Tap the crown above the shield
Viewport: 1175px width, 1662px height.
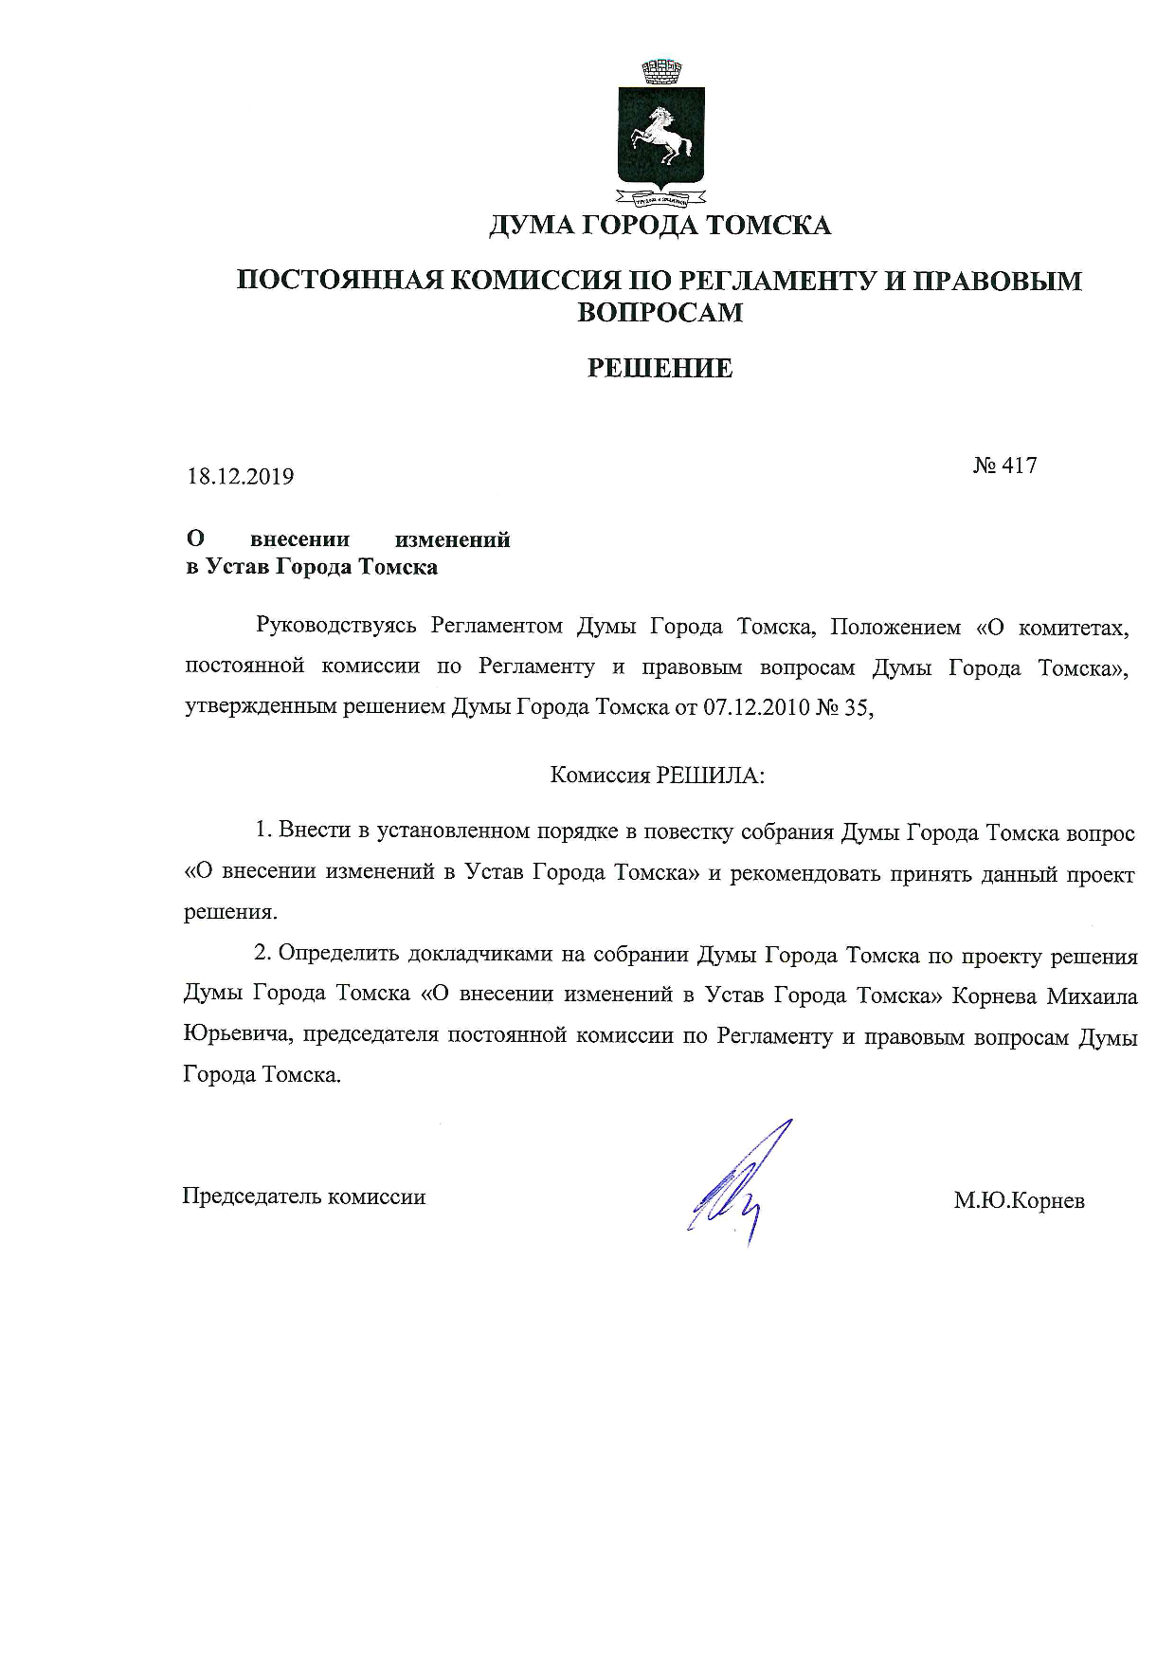(x=662, y=70)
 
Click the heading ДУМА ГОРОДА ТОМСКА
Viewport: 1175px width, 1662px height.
(x=660, y=226)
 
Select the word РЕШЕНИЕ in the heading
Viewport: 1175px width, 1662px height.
(x=660, y=368)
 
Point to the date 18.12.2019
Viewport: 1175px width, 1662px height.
(x=240, y=476)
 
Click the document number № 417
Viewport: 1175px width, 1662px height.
(x=1004, y=466)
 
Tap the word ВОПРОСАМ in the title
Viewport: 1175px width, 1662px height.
(x=660, y=312)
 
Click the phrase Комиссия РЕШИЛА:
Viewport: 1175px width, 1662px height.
(x=658, y=776)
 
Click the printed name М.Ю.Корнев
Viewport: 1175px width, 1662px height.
(x=1019, y=1201)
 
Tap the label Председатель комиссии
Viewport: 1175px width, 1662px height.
(x=304, y=1196)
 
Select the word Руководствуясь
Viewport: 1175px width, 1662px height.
(x=336, y=628)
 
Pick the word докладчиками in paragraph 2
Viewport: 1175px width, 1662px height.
(x=481, y=955)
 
